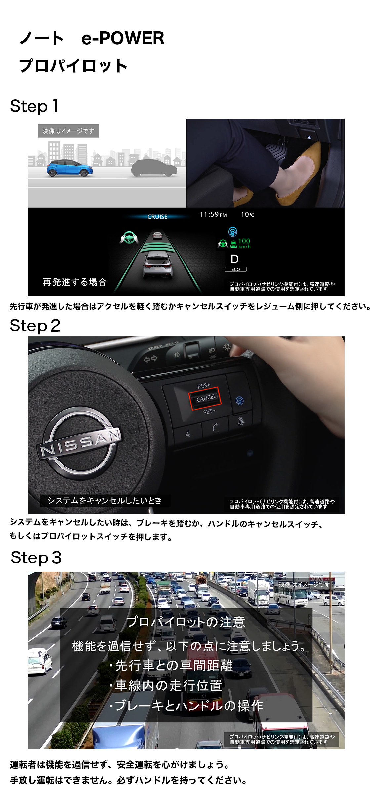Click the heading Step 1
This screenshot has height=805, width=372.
click(34, 106)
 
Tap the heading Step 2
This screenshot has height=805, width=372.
click(35, 326)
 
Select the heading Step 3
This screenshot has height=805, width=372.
click(36, 557)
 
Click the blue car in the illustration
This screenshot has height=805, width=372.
click(69, 168)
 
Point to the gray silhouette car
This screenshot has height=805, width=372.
click(154, 168)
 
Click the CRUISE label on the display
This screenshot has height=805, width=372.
click(157, 217)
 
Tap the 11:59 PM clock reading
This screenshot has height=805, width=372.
click(213, 214)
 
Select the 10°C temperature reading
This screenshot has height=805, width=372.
click(248, 214)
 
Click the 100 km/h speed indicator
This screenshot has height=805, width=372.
click(244, 243)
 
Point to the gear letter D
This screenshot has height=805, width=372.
click(234, 259)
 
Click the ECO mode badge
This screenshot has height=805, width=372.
click(235, 269)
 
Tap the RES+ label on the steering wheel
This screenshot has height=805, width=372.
click(204, 386)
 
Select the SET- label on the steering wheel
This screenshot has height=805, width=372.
click(209, 412)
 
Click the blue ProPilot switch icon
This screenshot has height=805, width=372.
click(240, 401)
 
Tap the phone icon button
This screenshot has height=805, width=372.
click(216, 427)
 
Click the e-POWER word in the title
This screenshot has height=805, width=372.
click(123, 38)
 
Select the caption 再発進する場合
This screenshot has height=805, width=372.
click(75, 282)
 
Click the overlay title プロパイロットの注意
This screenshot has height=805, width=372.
click(186, 622)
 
